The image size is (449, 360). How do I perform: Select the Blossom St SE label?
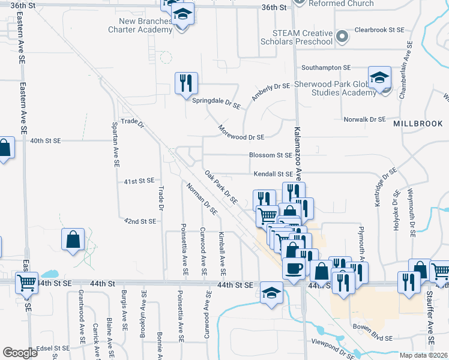coord(271,155)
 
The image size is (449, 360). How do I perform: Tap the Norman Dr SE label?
coord(202,199)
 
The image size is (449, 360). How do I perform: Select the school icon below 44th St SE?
coord(271,293)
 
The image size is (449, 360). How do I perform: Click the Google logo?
coord(20,353)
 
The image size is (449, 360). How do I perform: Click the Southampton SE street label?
coord(326,68)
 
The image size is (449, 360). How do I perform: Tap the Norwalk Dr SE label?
coord(364,119)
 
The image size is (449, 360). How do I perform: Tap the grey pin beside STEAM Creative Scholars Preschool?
coord(342,37)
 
